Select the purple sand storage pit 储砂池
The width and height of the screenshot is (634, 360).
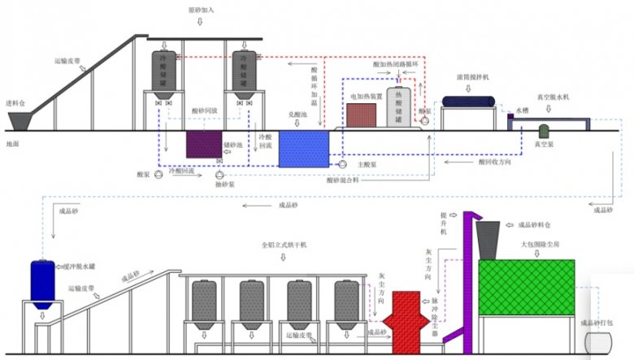point(204,144)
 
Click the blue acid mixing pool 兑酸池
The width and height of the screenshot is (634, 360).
point(303,149)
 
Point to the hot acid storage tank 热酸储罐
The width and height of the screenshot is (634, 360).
point(399,105)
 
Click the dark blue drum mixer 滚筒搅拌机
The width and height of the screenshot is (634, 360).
point(469,101)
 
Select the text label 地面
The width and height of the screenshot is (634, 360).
point(12,144)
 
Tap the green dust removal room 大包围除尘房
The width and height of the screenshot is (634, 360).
point(526,287)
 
